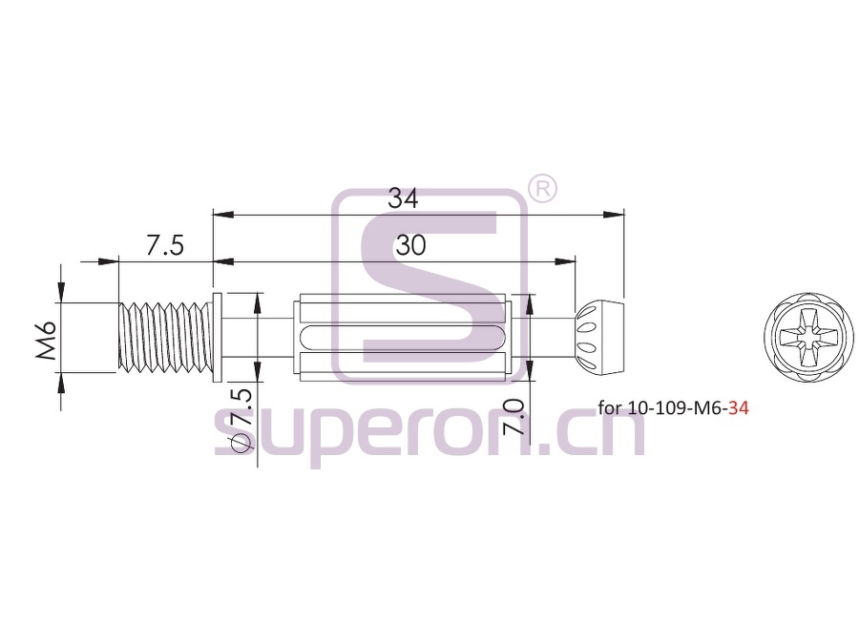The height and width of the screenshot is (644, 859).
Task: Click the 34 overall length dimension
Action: (x=403, y=198)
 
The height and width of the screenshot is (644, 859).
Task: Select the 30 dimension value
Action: (x=410, y=246)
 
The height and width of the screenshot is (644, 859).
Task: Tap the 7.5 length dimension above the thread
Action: (x=165, y=245)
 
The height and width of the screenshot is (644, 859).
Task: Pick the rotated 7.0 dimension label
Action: (x=513, y=417)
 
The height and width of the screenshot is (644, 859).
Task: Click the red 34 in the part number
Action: (x=739, y=408)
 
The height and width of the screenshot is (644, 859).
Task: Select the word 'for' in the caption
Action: (x=610, y=408)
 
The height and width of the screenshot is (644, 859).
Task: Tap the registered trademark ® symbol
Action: (x=542, y=189)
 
